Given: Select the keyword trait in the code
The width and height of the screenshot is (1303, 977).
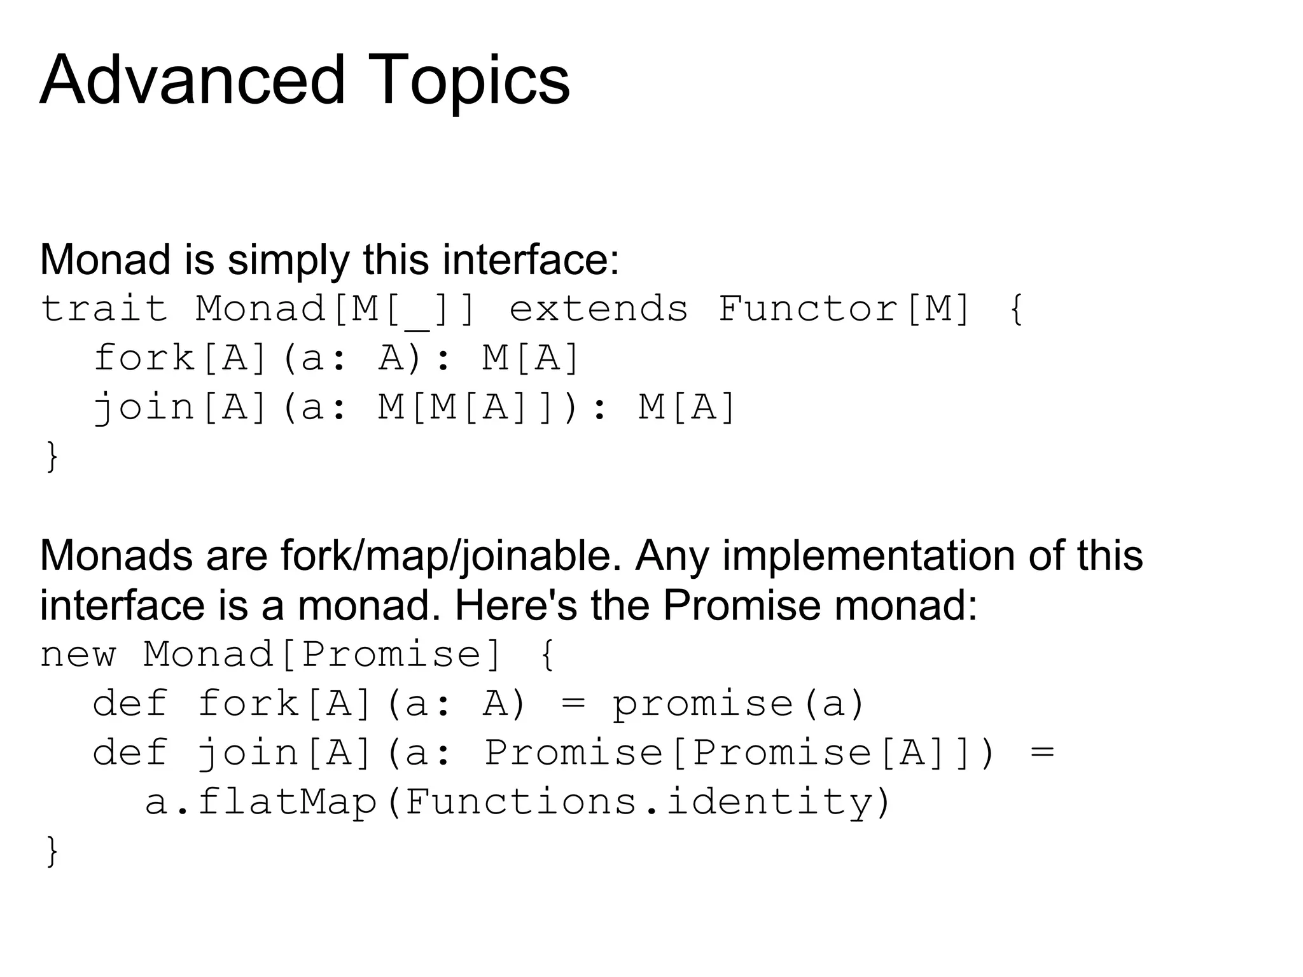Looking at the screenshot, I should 104,309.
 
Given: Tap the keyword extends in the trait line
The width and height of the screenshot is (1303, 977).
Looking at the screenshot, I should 599,309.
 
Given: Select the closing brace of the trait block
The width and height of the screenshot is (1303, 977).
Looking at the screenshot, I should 52,455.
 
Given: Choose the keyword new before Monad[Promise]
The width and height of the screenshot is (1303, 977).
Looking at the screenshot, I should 78,655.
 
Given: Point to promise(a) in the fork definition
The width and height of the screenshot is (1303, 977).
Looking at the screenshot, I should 739,704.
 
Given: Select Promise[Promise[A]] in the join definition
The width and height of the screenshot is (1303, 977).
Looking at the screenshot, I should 738,753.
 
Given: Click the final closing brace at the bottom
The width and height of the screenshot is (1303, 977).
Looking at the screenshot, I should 52,850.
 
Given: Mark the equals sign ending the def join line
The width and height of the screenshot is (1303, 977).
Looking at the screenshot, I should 1042,753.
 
